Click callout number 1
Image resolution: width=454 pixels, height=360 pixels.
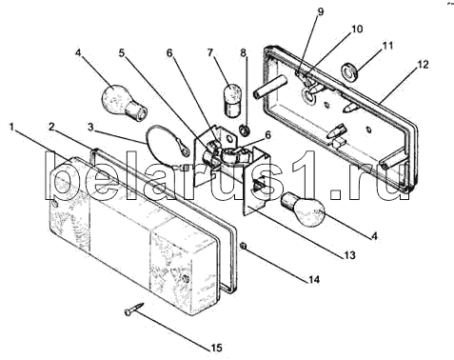tap(11, 128)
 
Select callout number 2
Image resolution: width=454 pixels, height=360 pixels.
tap(52, 127)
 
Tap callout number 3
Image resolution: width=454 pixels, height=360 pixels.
tap(91, 128)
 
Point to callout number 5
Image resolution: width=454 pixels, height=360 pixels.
tap(122, 52)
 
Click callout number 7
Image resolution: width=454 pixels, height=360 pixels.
tap(210, 52)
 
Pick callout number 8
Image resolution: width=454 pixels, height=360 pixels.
tap(243, 52)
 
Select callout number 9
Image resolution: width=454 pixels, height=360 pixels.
tap(321, 11)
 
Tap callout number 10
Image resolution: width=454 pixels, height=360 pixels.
tap(357, 29)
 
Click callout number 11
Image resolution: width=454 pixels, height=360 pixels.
tap(387, 46)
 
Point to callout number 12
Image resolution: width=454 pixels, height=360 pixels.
tap(423, 65)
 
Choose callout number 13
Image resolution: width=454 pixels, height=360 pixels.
tap(349, 255)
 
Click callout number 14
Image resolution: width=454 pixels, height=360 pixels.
tap(314, 279)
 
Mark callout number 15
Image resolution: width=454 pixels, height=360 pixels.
tap(216, 348)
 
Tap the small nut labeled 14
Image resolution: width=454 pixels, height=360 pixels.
tap(244, 246)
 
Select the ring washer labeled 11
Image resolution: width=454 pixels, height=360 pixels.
tap(350, 71)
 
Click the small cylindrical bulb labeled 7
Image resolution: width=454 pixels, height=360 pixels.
tap(233, 100)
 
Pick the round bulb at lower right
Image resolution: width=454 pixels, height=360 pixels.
tap(304, 210)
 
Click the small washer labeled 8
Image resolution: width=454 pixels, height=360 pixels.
tap(245, 130)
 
